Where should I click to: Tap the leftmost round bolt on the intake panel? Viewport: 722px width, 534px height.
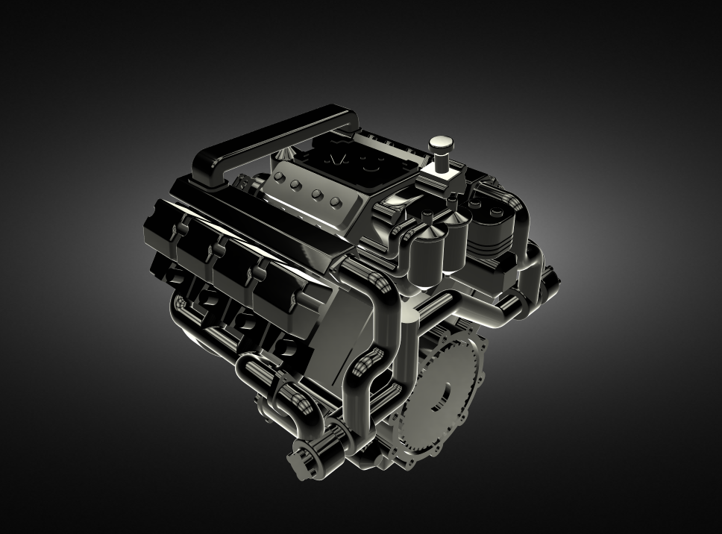click(280, 178)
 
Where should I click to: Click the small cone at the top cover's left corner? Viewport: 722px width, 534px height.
click(285, 151)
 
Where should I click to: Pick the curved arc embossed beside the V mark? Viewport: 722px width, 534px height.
click(367, 165)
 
